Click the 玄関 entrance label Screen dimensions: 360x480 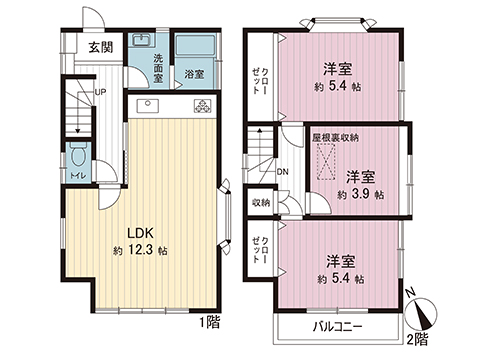pos(98,47)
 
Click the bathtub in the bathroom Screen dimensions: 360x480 pos(194,49)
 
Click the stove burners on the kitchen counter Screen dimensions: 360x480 pos(204,106)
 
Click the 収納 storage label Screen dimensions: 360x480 pos(261,202)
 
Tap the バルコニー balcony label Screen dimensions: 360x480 pos(335,327)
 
